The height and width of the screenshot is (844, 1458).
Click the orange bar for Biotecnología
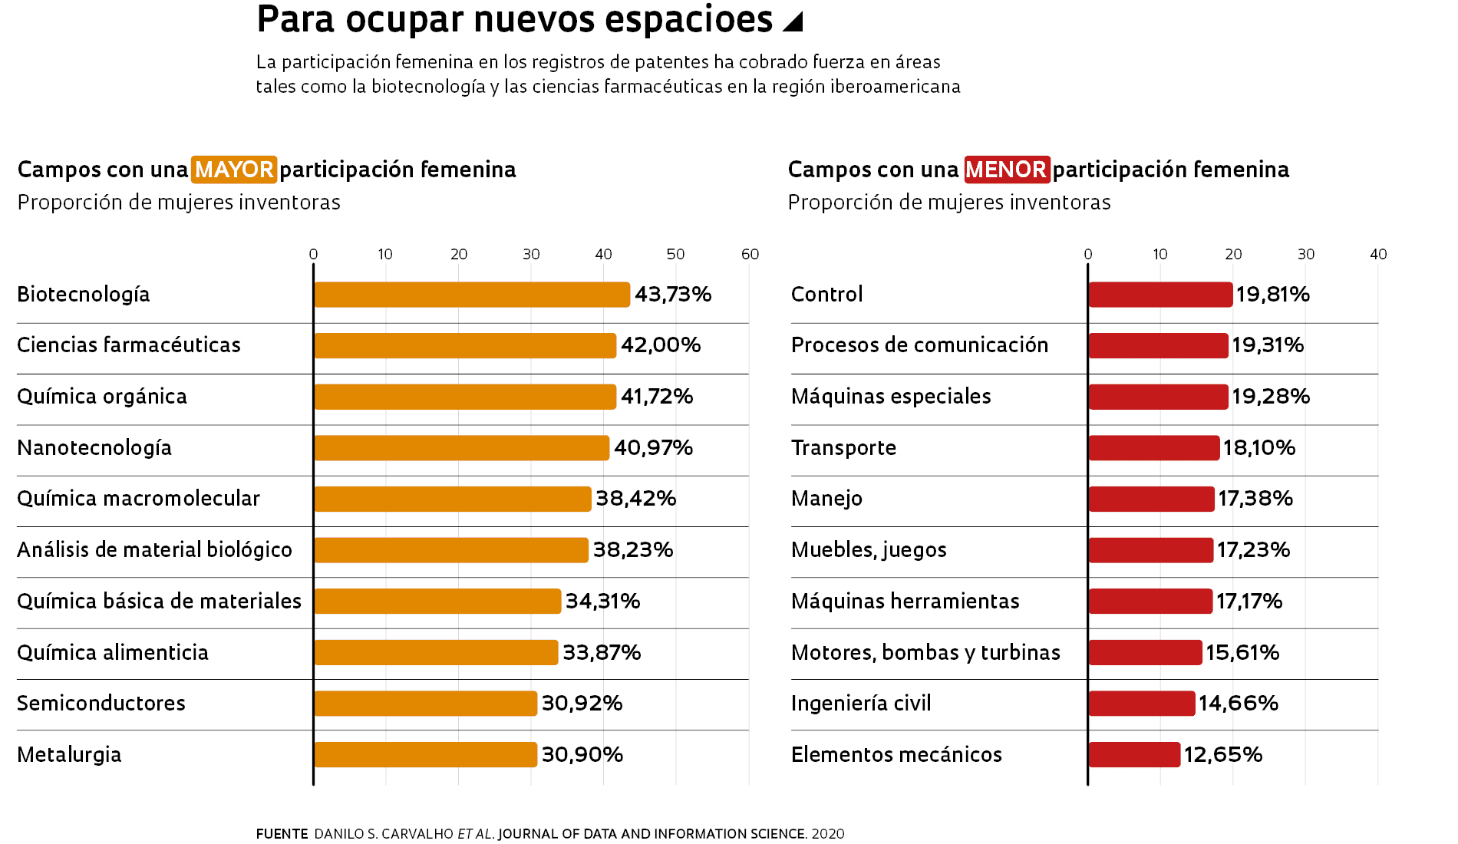point(471,295)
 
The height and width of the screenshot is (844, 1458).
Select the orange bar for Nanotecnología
point(461,448)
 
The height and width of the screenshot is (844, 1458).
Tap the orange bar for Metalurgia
point(425,755)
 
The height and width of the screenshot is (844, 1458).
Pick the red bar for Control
point(1160,295)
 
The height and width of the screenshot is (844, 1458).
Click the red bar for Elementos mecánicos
point(1134,755)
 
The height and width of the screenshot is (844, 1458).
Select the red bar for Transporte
point(1153,448)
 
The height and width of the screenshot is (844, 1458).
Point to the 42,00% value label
point(661,345)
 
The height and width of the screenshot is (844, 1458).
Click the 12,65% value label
point(1222,755)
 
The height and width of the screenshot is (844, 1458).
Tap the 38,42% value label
point(635,499)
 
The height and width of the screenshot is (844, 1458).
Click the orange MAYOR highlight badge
point(234,170)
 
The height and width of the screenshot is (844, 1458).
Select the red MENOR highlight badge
point(1006,170)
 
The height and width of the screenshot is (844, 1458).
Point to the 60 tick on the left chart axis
point(750,255)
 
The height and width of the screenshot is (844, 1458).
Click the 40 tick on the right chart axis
point(1378,255)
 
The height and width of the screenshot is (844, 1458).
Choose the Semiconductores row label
point(101,704)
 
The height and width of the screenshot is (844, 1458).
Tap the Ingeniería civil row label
point(861,704)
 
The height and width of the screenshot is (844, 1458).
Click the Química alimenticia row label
point(113,653)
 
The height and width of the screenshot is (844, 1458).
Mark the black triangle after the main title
point(793,21)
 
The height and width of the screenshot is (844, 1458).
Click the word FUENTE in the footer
point(282,834)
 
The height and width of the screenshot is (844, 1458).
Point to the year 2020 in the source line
point(828,834)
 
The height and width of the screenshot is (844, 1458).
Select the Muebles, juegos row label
point(869,550)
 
